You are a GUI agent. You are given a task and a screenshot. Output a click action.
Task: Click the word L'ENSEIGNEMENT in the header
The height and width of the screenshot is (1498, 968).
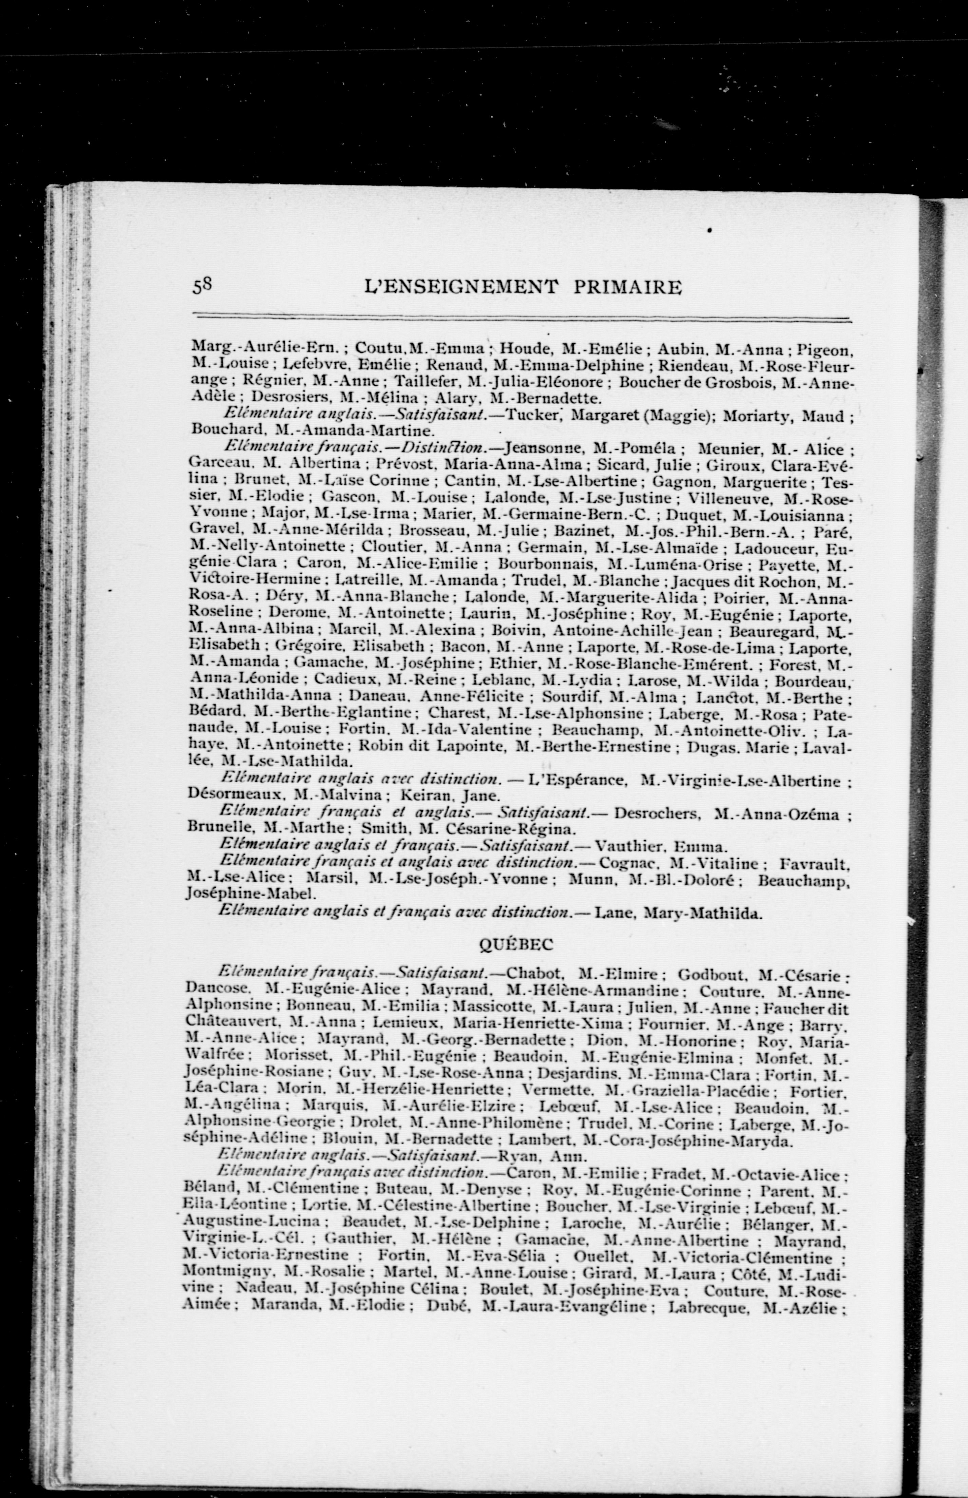tap(461, 288)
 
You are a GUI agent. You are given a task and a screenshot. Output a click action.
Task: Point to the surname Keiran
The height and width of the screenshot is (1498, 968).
tap(434, 794)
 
